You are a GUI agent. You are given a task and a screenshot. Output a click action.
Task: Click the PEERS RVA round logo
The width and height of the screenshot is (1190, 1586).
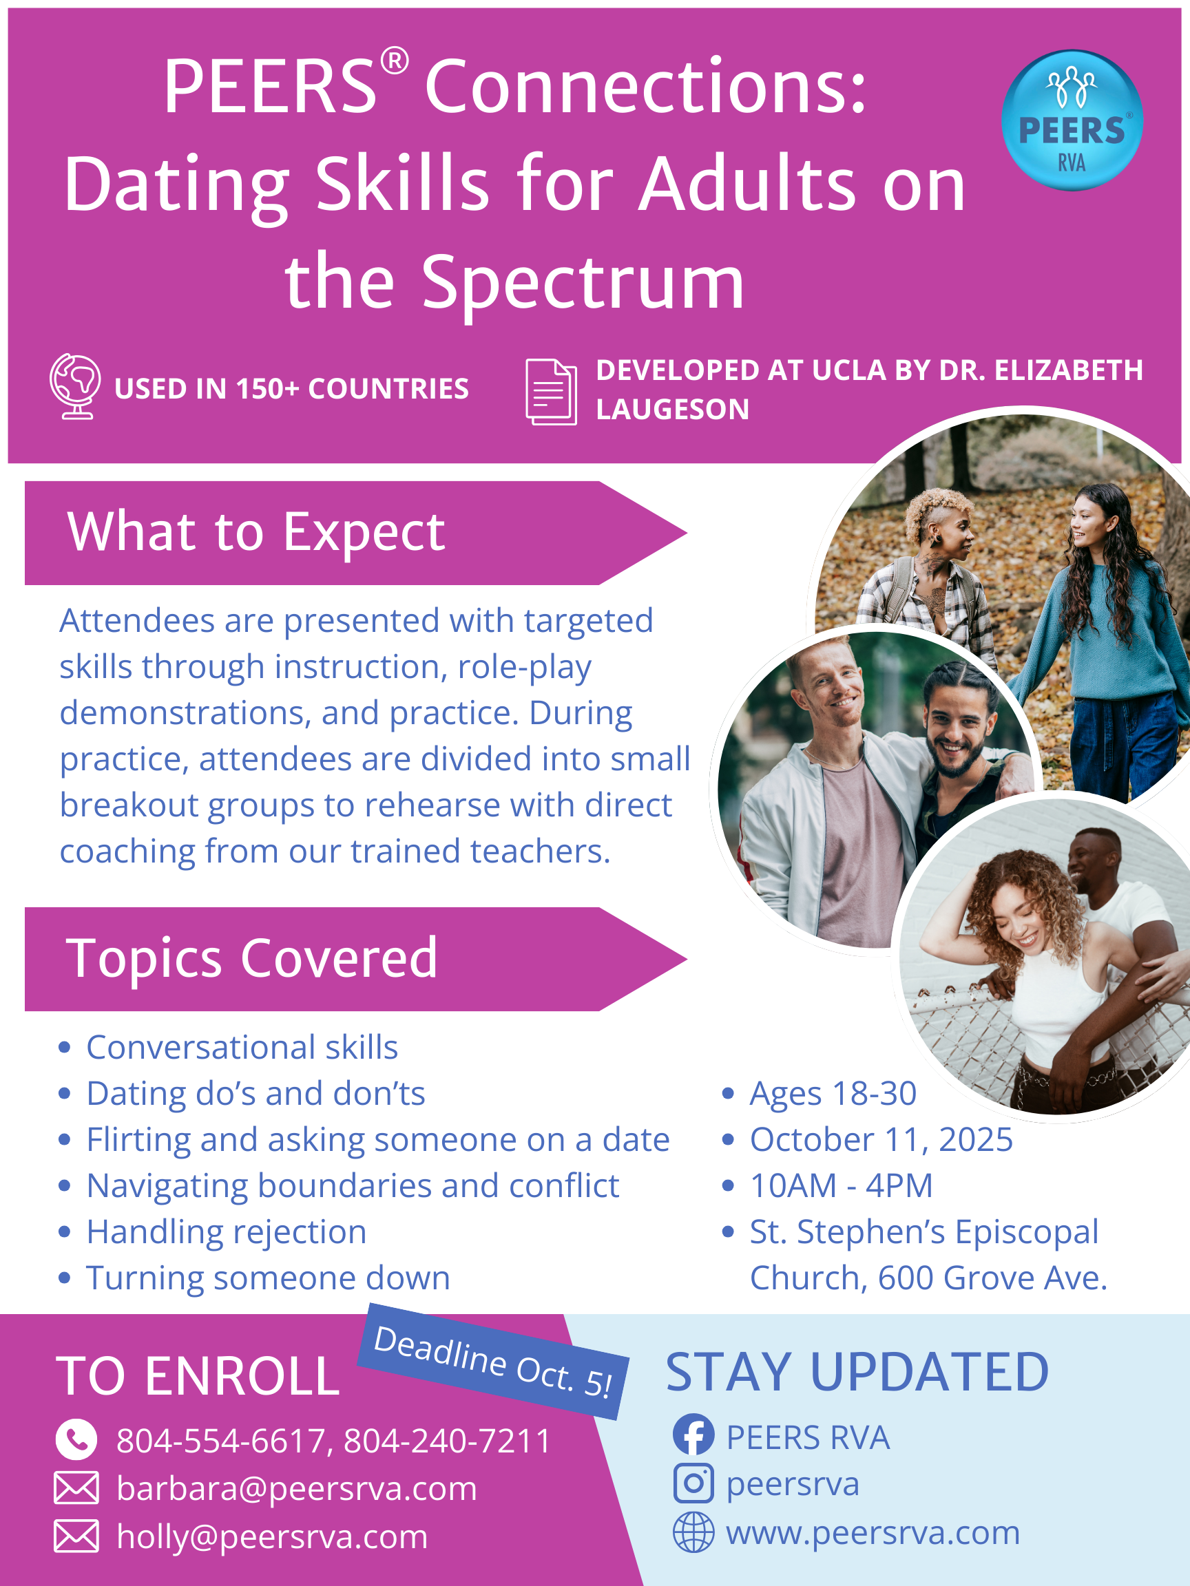pyautogui.click(x=1072, y=120)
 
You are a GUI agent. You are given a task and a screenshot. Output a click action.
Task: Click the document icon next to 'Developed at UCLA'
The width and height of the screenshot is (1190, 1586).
pyautogui.click(x=551, y=392)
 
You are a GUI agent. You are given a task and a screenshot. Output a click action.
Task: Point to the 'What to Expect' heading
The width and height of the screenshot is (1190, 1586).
pyautogui.click(x=256, y=533)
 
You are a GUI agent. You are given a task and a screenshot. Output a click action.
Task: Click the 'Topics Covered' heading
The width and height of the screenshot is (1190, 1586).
pyautogui.click(x=252, y=958)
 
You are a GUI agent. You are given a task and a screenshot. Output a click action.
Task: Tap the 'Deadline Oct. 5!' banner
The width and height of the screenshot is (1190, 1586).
pyautogui.click(x=493, y=1361)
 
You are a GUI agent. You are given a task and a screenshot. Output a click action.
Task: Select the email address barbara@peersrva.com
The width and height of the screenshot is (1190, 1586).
pyautogui.click(x=297, y=1488)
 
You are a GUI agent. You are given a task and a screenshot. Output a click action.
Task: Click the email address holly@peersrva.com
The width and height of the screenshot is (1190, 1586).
pyautogui.click(x=273, y=1536)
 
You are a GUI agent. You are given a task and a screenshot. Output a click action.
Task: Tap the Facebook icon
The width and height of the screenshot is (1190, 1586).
pyautogui.click(x=693, y=1435)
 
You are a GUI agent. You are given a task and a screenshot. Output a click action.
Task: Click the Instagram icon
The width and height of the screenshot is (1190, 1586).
pyautogui.click(x=693, y=1483)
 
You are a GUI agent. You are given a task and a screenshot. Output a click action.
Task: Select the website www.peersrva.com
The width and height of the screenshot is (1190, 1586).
pyautogui.click(x=873, y=1533)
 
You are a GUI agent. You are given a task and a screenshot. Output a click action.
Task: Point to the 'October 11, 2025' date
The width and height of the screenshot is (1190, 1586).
pyautogui.click(x=881, y=1139)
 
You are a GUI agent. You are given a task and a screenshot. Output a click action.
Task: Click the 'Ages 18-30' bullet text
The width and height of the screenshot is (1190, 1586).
pyautogui.click(x=833, y=1093)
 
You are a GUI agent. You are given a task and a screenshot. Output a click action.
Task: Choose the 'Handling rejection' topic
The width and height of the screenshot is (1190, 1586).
pyautogui.click(x=227, y=1231)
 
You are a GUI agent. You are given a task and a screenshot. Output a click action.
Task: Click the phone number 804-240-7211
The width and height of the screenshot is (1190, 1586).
pyautogui.click(x=448, y=1441)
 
